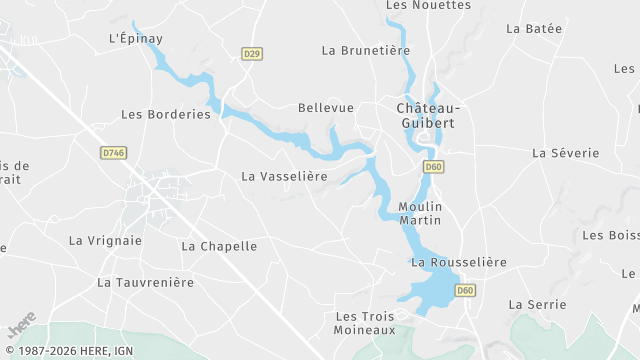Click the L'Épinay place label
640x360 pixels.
click(135, 39)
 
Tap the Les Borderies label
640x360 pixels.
click(166, 114)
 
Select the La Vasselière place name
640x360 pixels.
click(285, 176)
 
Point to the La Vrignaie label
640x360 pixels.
click(105, 240)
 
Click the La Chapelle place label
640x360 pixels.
click(219, 246)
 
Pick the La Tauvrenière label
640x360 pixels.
click(145, 283)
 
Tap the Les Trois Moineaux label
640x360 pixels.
click(365, 323)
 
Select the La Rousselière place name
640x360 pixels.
click(459, 262)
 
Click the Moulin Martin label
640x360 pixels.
click(420, 213)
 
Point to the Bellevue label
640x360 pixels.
click(326, 107)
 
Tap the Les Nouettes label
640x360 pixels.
click(428, 6)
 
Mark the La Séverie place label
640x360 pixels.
click(565, 153)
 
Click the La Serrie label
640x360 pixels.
click(537, 304)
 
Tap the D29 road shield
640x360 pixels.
click(252, 53)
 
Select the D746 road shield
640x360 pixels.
click(114, 153)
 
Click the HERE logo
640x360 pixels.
click(22, 325)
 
